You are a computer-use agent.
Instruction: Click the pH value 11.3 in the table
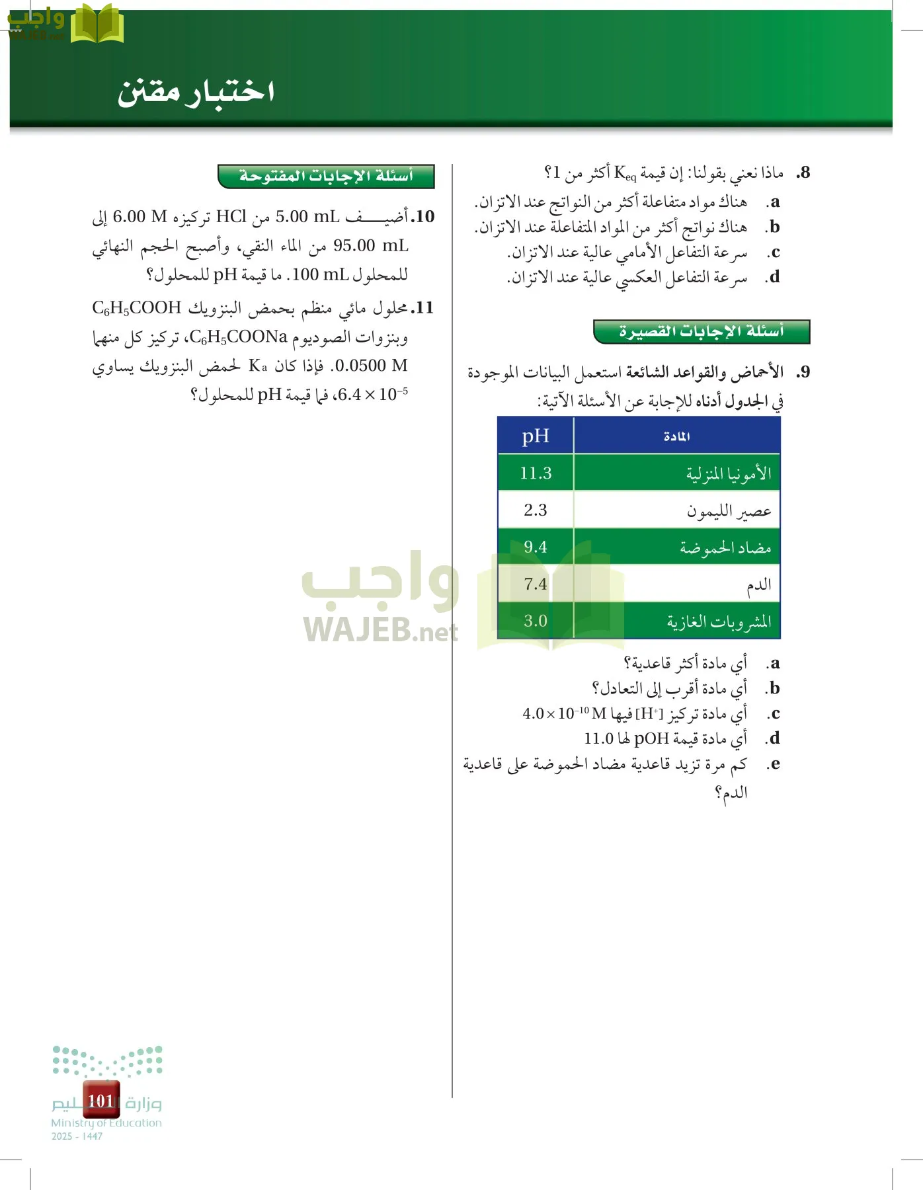pyautogui.click(x=536, y=473)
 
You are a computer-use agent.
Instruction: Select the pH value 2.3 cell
pyautogui.click(x=536, y=510)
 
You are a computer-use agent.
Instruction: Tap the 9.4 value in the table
pyautogui.click(x=536, y=547)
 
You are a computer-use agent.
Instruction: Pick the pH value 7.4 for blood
pyautogui.click(x=536, y=584)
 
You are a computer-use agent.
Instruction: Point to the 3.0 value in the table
pyautogui.click(x=536, y=621)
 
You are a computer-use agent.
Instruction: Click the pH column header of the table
pyautogui.click(x=536, y=436)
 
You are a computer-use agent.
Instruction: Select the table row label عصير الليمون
pyautogui.click(x=729, y=511)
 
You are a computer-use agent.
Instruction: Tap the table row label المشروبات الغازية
pyautogui.click(x=719, y=621)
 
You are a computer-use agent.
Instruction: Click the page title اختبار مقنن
pyautogui.click(x=196, y=91)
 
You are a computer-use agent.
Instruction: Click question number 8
pyautogui.click(x=803, y=173)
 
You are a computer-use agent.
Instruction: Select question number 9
pyautogui.click(x=803, y=372)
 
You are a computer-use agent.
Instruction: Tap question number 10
pyautogui.click(x=422, y=217)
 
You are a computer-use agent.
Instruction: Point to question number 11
pyautogui.click(x=422, y=308)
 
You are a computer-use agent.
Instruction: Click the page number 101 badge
pyautogui.click(x=101, y=1100)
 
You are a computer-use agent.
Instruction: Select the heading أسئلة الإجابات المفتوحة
pyautogui.click(x=326, y=177)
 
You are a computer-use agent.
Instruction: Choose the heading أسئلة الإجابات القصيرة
pyautogui.click(x=702, y=331)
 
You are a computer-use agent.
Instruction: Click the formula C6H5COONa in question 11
pyautogui.click(x=239, y=337)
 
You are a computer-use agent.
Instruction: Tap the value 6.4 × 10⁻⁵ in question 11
pyautogui.click(x=373, y=395)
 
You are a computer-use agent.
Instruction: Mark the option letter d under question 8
pyautogui.click(x=774, y=277)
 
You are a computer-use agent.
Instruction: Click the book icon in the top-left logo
pyautogui.click(x=97, y=24)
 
